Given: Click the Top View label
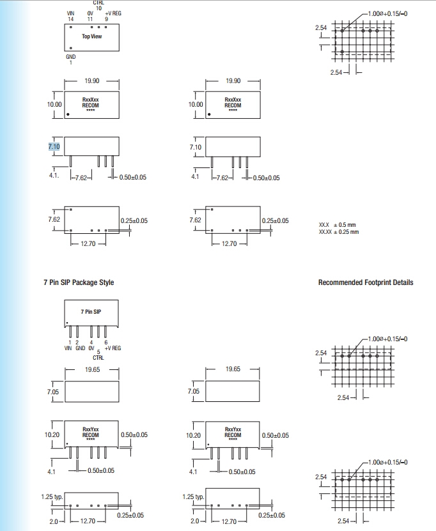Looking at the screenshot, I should pos(91,36).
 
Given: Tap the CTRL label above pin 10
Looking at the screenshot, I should pos(98,3).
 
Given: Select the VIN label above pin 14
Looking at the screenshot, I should pos(70,13).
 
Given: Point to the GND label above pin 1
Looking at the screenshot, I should pos(70,57).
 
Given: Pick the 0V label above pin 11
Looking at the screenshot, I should pos(90,13).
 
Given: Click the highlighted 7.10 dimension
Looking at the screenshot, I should pos(54,147).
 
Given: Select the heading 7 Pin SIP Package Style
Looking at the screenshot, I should pos(79,282).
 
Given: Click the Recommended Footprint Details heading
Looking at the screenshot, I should pos(366,282).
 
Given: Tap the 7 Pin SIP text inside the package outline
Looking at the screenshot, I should pos(91,311).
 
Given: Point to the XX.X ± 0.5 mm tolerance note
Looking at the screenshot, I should pos(338,225).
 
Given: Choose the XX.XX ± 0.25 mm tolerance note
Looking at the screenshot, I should pos(339,231).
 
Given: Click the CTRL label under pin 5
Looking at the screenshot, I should pos(98,357).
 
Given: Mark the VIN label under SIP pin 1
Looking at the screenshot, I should pos(68,348).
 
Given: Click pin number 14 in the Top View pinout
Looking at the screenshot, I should pos(70,19).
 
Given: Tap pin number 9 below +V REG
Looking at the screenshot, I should pos(107,19).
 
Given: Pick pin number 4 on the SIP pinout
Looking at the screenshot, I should pos(91,342).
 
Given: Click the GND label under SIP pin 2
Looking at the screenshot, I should pos(80,348).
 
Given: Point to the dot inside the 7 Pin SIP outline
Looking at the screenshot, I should pos(67,322).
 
